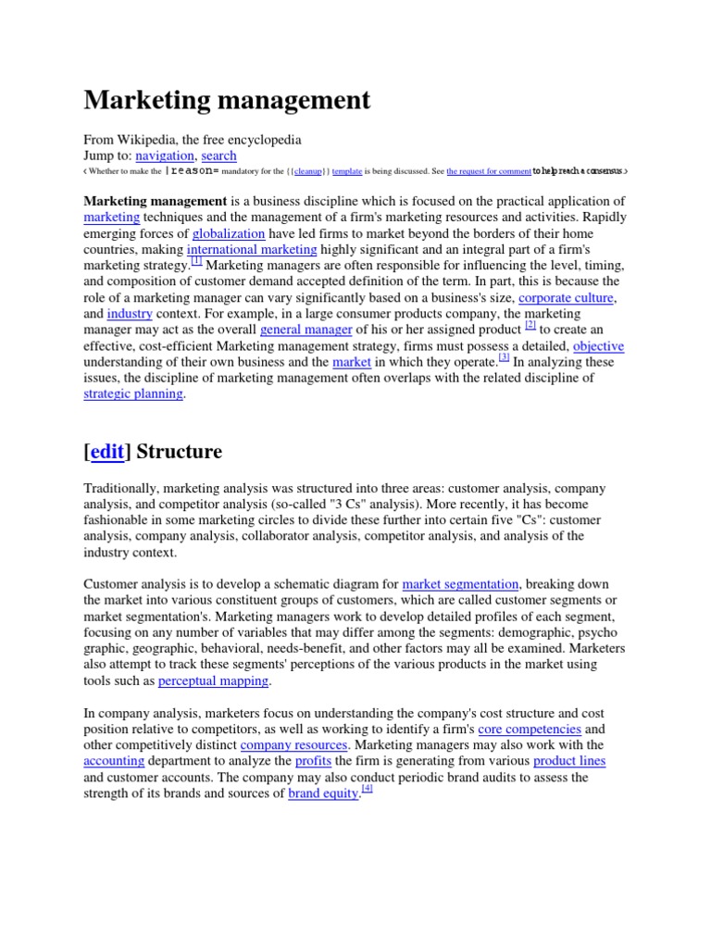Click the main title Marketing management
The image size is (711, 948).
[x=227, y=100]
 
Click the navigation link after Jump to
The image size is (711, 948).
[x=165, y=156]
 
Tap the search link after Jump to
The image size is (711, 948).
[x=218, y=156]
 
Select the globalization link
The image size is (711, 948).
[x=229, y=234]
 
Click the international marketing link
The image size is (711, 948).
[x=252, y=250]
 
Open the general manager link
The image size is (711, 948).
[x=306, y=330]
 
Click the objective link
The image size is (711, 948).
[x=598, y=345]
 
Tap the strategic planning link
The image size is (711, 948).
[x=134, y=393]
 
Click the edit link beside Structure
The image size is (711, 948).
[x=107, y=452]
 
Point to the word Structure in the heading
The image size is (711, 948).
[x=180, y=452]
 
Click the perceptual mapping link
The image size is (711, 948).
[x=214, y=680]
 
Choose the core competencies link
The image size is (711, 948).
[x=529, y=729]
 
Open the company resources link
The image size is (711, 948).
[x=294, y=744]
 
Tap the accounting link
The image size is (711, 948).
[x=114, y=761]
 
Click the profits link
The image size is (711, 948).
[x=313, y=761]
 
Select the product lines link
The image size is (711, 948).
[x=569, y=761]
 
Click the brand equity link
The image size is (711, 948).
[x=323, y=793]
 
